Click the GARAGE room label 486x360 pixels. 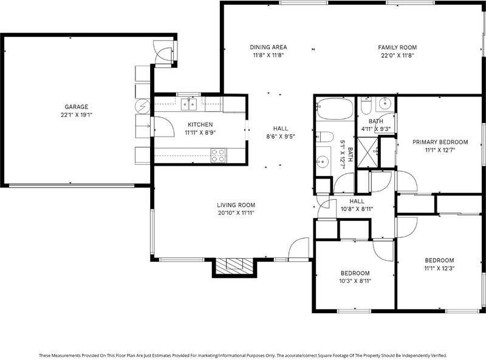pyautogui.click(x=77, y=107)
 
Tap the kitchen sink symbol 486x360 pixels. pyautogui.click(x=189, y=104)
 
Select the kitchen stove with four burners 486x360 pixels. pyautogui.click(x=218, y=155)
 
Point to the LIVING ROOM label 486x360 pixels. pyautogui.click(x=236, y=205)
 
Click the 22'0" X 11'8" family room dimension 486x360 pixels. pyautogui.click(x=397, y=55)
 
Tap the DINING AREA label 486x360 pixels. pyautogui.click(x=269, y=47)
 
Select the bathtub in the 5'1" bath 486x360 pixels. pyautogui.click(x=335, y=109)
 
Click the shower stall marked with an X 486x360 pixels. pyautogui.click(x=368, y=153)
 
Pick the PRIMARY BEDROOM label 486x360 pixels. pyautogui.click(x=440, y=142)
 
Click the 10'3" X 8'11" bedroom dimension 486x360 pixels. pyautogui.click(x=355, y=281)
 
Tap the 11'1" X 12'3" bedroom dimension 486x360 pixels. pyautogui.click(x=439, y=268)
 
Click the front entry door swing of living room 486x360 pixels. pyautogui.click(x=299, y=248)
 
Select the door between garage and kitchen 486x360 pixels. pyautogui.click(x=163, y=126)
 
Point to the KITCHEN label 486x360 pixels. pyautogui.click(x=200, y=124)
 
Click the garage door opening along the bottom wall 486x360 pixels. pyautogui.click(x=71, y=186)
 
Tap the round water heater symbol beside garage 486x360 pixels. pyautogui.click(x=143, y=106)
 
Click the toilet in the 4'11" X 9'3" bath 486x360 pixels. pyautogui.click(x=366, y=106)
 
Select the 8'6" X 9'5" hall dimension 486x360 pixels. pyautogui.click(x=281, y=137)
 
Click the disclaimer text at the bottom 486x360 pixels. pyautogui.click(x=242, y=355)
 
